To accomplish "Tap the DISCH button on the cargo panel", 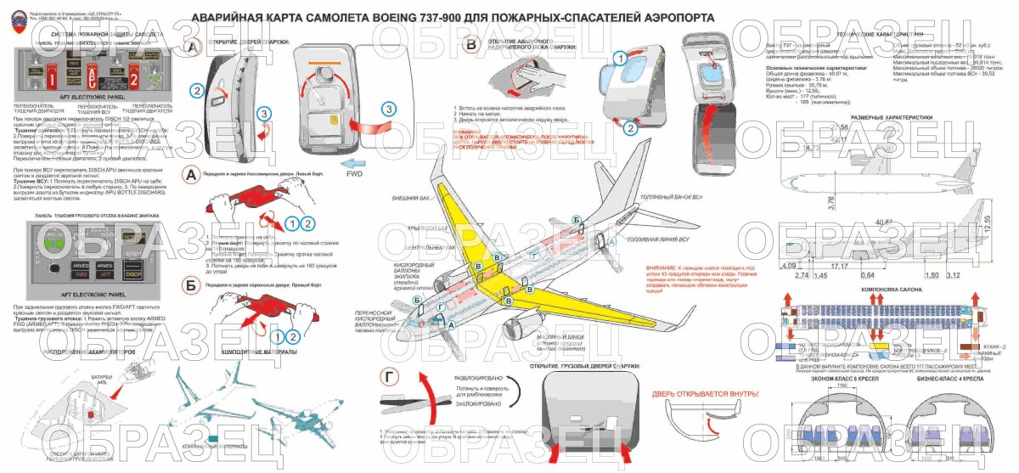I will [134, 274].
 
